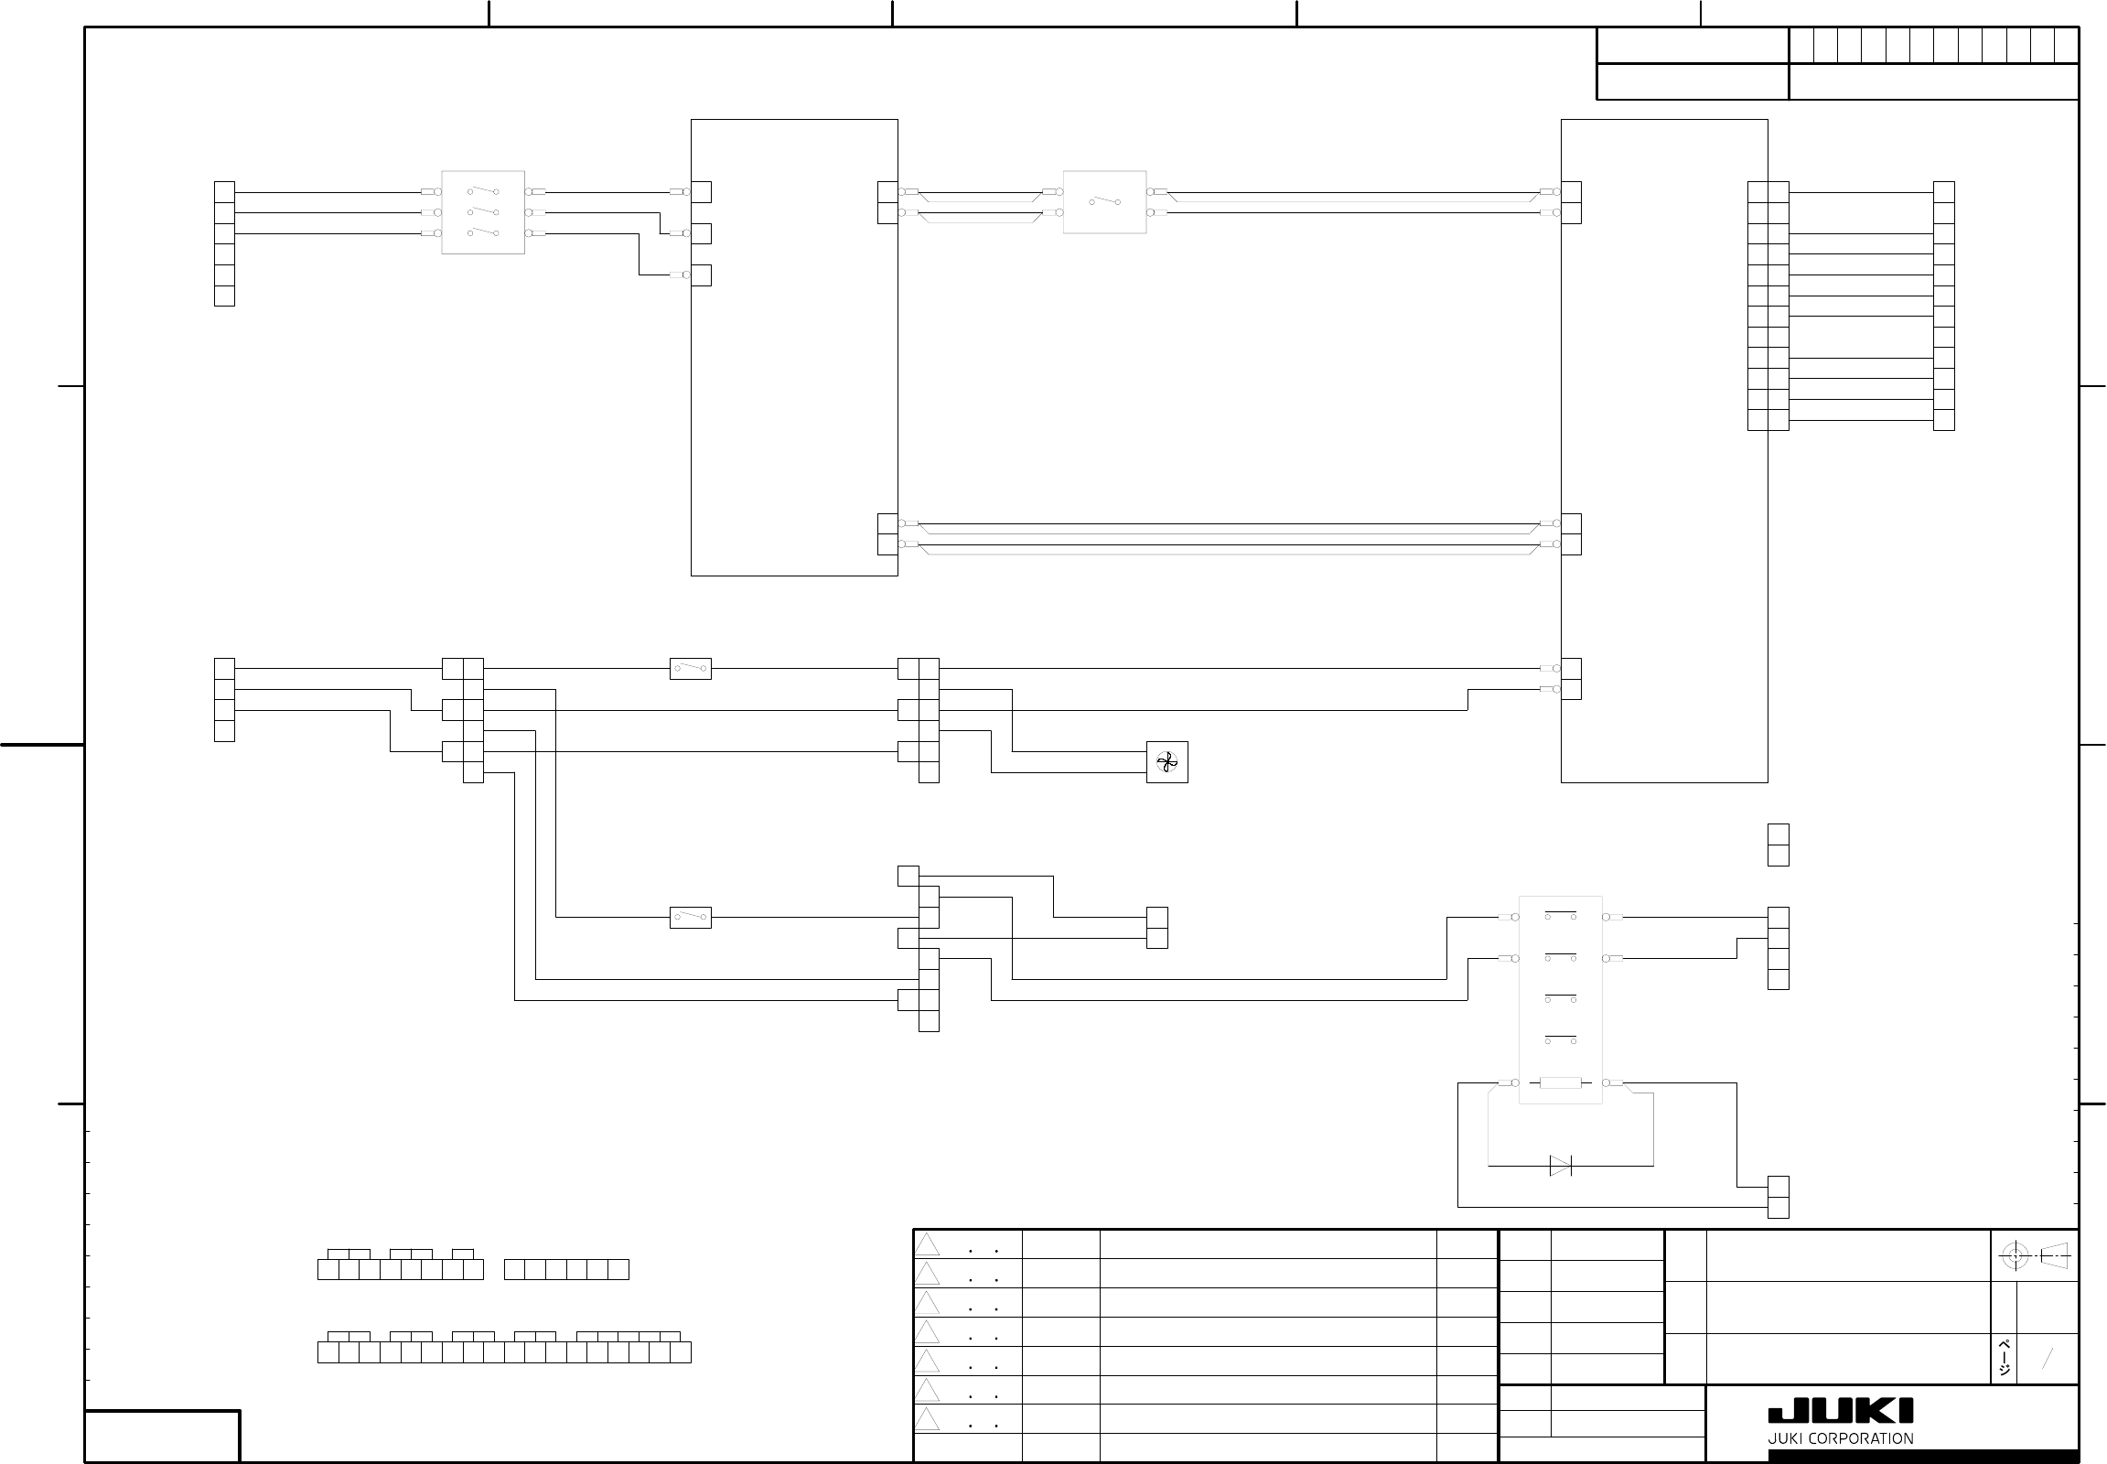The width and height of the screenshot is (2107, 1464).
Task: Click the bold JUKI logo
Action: pyautogui.click(x=1840, y=1412)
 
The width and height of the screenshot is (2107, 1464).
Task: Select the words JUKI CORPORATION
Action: pyautogui.click(x=1840, y=1438)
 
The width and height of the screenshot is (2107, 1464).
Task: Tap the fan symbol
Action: pyautogui.click(x=1166, y=762)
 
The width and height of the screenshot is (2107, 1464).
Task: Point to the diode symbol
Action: pyautogui.click(x=1560, y=1166)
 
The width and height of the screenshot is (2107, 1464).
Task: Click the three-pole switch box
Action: pyautogui.click(x=482, y=212)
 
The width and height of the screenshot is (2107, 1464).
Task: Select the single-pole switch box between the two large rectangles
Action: pyautogui.click(x=1104, y=202)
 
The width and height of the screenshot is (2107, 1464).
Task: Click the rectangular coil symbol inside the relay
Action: pyautogui.click(x=1559, y=1083)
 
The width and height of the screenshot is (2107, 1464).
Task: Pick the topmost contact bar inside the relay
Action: pyautogui.click(x=1560, y=913)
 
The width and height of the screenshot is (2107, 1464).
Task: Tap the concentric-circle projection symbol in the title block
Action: pyautogui.click(x=2014, y=1255)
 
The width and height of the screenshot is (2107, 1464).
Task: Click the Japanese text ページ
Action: pyautogui.click(x=2005, y=1359)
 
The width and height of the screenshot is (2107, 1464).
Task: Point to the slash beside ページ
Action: pyautogui.click(x=2047, y=1359)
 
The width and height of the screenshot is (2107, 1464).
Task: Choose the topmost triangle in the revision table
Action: pyautogui.click(x=928, y=1244)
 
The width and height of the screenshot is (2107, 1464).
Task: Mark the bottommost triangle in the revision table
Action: pyautogui.click(x=928, y=1419)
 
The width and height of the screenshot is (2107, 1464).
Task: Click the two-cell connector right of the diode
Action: pyautogui.click(x=1778, y=1197)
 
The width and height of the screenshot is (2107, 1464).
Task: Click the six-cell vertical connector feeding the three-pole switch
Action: pyautogui.click(x=224, y=243)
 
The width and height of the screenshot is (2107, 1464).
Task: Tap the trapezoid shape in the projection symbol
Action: pyautogui.click(x=2055, y=1255)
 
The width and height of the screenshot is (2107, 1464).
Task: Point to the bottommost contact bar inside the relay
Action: pyautogui.click(x=1560, y=1039)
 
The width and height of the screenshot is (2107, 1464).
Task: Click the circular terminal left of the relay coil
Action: pyautogui.click(x=1515, y=1083)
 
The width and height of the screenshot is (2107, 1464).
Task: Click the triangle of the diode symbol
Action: pyautogui.click(x=1558, y=1166)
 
